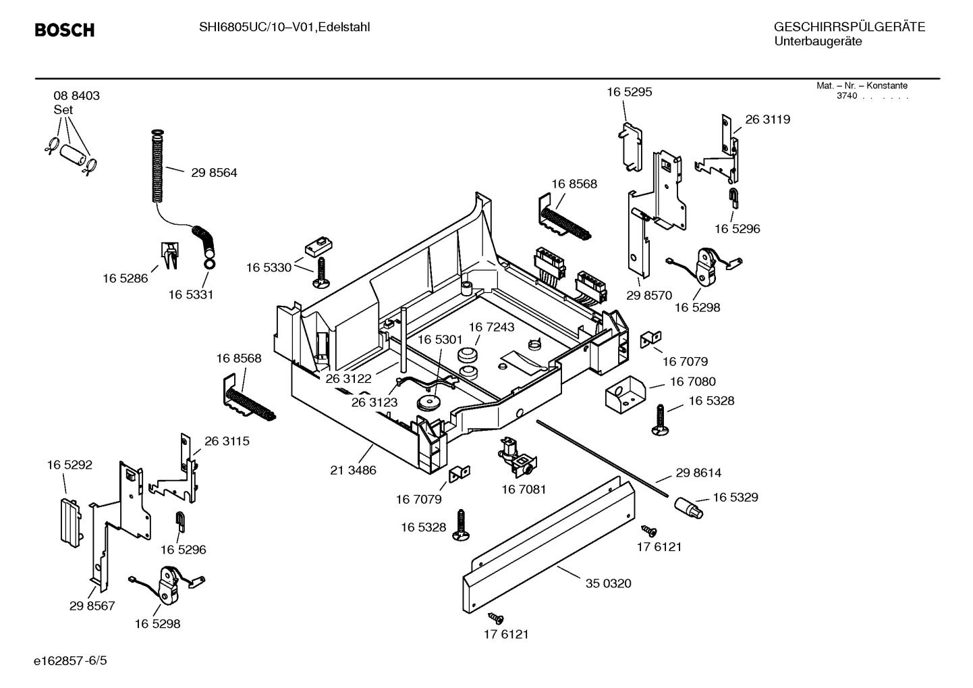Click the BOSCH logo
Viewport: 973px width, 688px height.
pyautogui.click(x=64, y=30)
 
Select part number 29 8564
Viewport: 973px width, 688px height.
pyautogui.click(x=214, y=173)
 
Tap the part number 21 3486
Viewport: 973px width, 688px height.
pyautogui.click(x=353, y=471)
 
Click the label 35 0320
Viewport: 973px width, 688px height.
pyautogui.click(x=608, y=583)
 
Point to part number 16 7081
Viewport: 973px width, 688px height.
pyautogui.click(x=524, y=489)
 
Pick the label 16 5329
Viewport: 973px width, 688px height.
pyautogui.click(x=735, y=498)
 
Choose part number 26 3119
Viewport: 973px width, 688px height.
pyautogui.click(x=767, y=120)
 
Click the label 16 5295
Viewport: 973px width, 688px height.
pyautogui.click(x=629, y=92)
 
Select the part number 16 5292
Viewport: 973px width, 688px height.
pyautogui.click(x=69, y=465)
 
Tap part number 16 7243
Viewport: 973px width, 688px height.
pyautogui.click(x=491, y=327)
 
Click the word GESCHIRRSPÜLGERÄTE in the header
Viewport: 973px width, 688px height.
pyautogui.click(x=849, y=28)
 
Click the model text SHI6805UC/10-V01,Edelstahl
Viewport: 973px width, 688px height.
pyautogui.click(x=284, y=27)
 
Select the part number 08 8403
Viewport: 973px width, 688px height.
pyautogui.click(x=77, y=96)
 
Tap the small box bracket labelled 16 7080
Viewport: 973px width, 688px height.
pyautogui.click(x=623, y=394)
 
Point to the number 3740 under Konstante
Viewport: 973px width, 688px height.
pyautogui.click(x=846, y=96)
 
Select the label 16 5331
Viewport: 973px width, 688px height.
pyautogui.click(x=191, y=295)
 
